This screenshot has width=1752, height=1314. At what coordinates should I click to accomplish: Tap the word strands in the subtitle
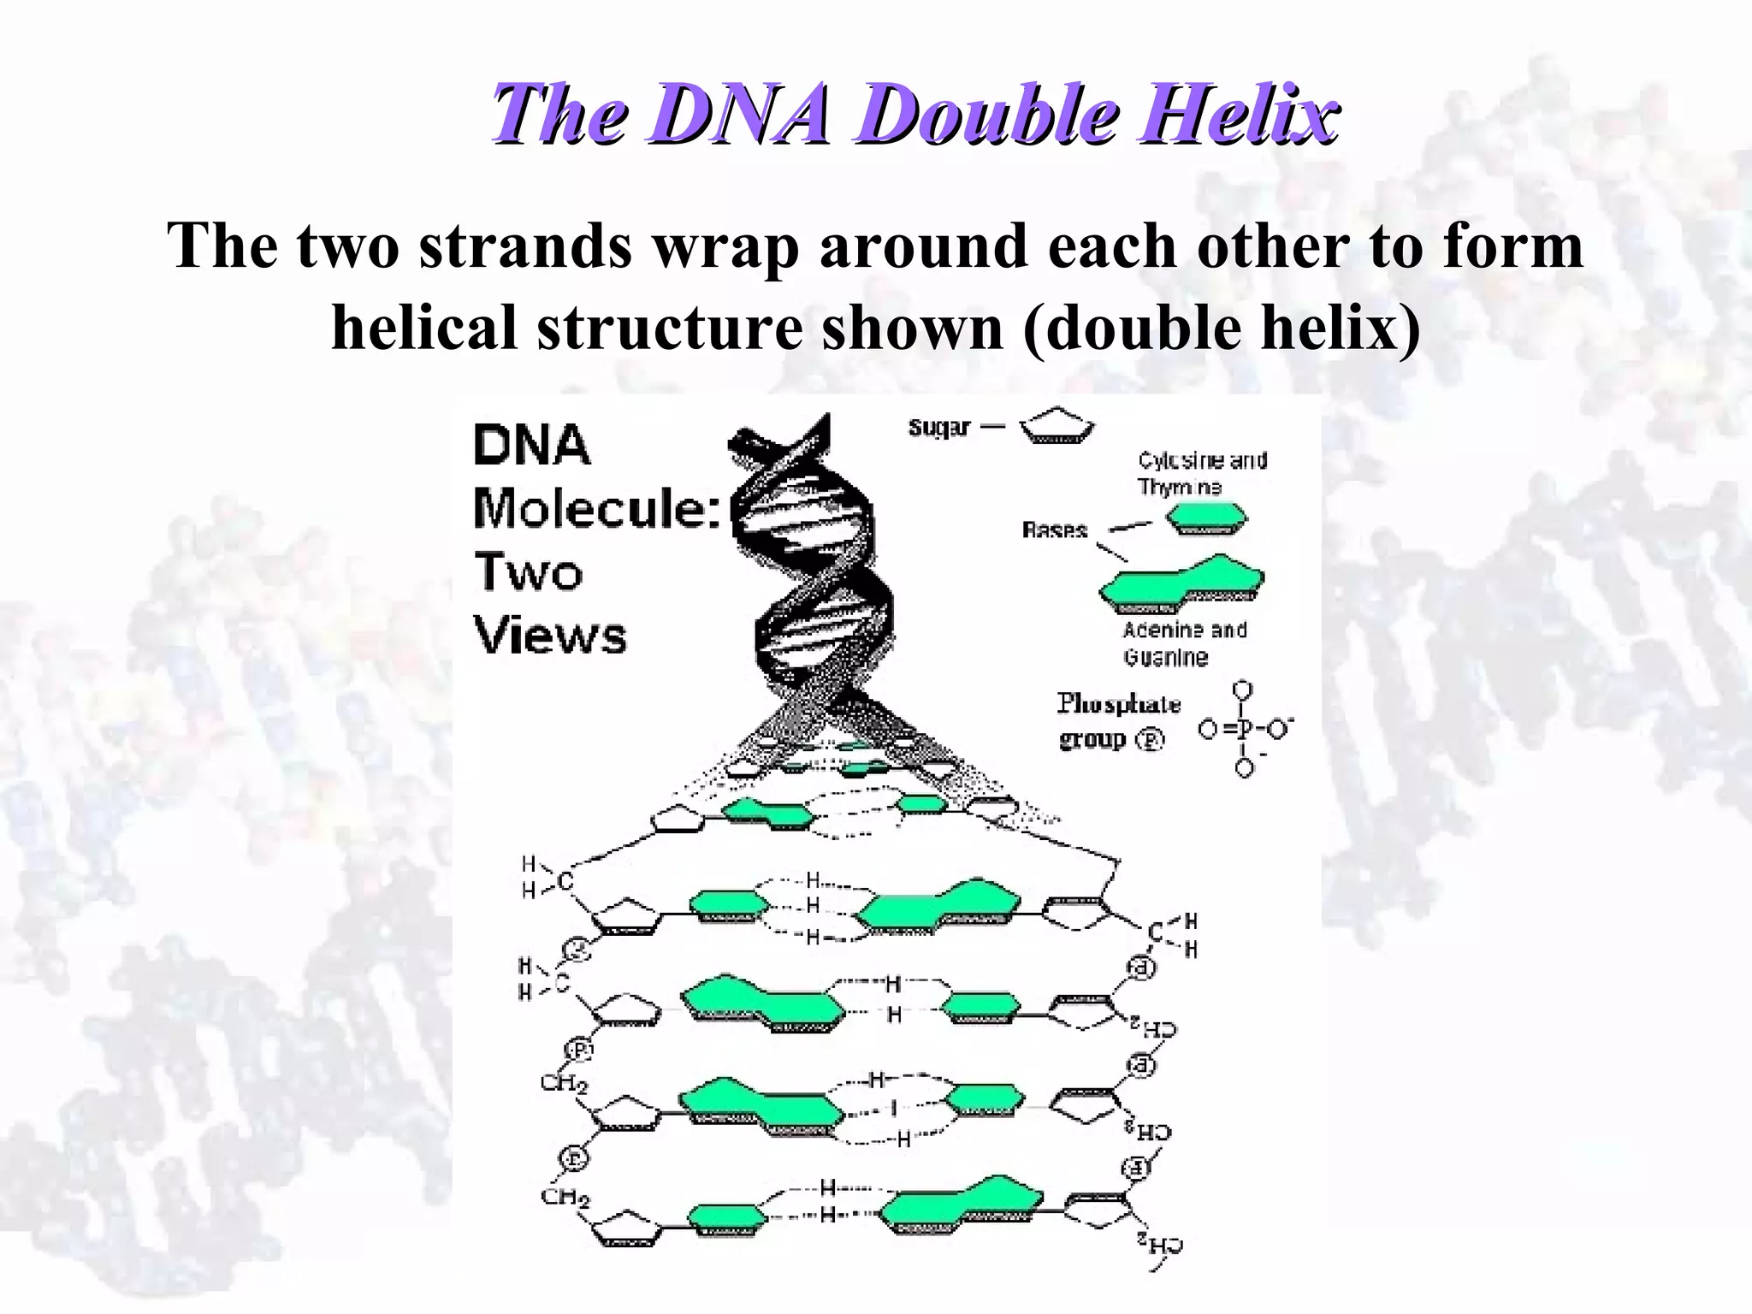click(x=525, y=246)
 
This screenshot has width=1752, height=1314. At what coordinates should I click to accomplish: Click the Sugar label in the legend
click(x=939, y=427)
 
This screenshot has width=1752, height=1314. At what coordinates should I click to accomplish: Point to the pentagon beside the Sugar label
click(x=1057, y=426)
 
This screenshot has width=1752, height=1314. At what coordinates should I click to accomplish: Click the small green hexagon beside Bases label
click(x=1207, y=518)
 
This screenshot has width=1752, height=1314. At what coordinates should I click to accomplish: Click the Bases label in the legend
click(x=1054, y=530)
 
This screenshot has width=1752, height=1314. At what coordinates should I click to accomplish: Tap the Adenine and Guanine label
click(x=1185, y=643)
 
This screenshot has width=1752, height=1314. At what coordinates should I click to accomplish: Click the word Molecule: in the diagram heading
click(x=597, y=508)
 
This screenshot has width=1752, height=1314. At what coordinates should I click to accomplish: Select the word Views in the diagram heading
click(x=550, y=636)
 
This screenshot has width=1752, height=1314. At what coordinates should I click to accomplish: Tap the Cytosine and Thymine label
click(x=1201, y=473)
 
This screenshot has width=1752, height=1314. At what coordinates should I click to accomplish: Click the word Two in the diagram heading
click(x=528, y=572)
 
